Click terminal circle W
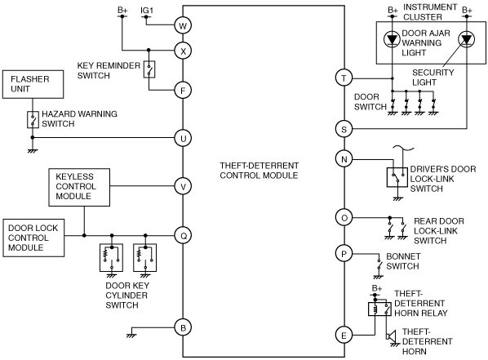click(183, 25)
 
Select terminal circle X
click(183, 51)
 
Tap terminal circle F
click(183, 91)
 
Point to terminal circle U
click(183, 138)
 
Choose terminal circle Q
click(184, 235)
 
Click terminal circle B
click(183, 327)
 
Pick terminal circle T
click(344, 78)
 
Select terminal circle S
click(344, 129)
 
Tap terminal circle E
click(344, 335)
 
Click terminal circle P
click(344, 254)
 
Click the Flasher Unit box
click(33, 84)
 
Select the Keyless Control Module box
click(79, 187)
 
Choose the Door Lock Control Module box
click(33, 238)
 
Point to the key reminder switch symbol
click(149, 69)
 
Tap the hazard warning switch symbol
click(33, 119)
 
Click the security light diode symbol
click(466, 39)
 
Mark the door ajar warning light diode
click(392, 39)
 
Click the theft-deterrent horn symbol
click(391, 336)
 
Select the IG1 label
click(147, 11)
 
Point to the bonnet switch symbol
click(379, 265)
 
